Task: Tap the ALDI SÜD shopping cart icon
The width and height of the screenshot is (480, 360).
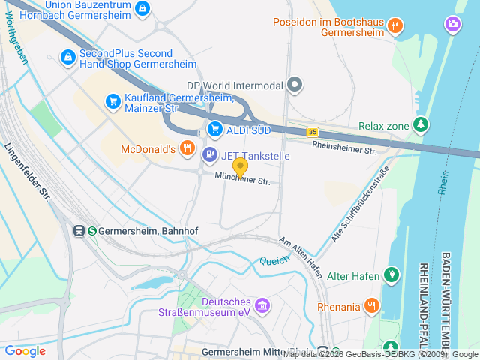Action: point(215,129)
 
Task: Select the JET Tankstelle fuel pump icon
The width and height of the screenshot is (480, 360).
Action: point(209,155)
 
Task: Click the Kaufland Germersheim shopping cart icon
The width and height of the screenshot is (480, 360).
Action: point(113,100)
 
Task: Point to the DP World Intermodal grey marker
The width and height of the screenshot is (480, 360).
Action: point(295,85)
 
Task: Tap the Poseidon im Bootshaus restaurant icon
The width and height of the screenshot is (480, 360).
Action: point(395,26)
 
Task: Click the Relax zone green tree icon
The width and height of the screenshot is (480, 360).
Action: point(421,125)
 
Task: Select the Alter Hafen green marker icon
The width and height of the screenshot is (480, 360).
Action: point(391,275)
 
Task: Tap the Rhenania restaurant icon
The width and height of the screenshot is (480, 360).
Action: point(371,305)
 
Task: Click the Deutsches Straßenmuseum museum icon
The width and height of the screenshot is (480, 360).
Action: point(262,305)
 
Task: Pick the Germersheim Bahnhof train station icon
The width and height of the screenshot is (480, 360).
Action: point(79,231)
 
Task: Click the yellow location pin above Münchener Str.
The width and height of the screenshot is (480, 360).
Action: point(240,166)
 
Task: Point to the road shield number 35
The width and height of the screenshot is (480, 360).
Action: point(312,132)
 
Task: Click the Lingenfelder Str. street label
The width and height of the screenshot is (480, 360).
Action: point(27,173)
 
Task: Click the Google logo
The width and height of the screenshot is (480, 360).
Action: point(25,350)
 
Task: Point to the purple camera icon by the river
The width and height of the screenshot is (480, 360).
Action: point(453,25)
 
